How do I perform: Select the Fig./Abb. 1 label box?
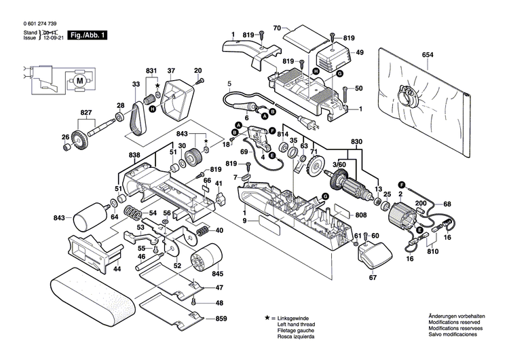89,34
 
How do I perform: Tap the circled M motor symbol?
79,79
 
